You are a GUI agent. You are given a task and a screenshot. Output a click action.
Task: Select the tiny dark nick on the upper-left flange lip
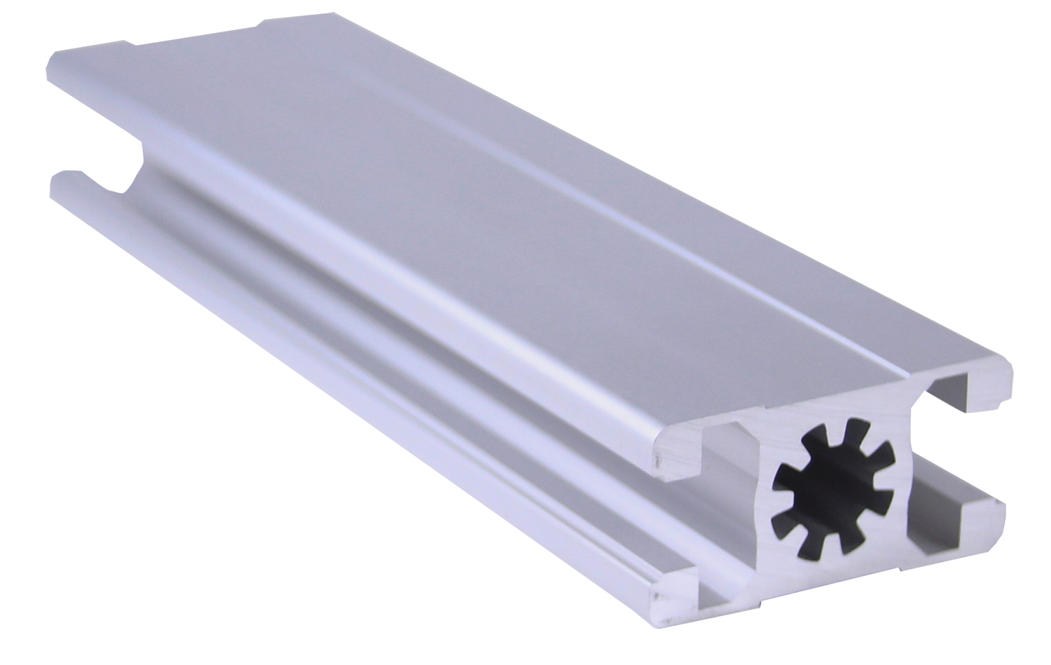tap(657, 462)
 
